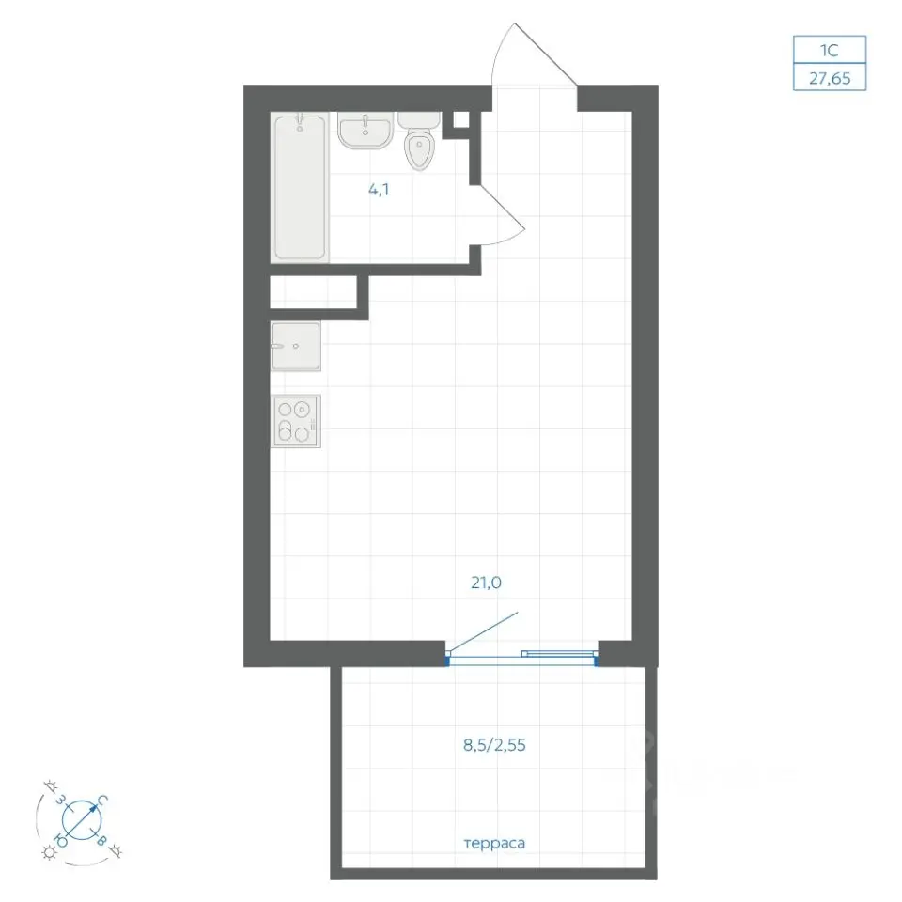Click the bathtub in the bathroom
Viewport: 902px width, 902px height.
click(x=300, y=187)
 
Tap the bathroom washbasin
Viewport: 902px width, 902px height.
click(x=365, y=131)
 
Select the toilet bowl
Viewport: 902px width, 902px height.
click(x=419, y=142)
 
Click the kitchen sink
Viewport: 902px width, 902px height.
click(x=296, y=346)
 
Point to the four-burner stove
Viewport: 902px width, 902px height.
click(x=296, y=421)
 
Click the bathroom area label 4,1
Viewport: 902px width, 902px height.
click(x=379, y=189)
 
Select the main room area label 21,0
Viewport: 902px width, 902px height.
click(x=486, y=583)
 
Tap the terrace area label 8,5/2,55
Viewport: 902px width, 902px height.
click(x=494, y=745)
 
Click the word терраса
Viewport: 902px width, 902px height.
click(x=494, y=844)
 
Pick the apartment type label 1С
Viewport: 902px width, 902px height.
click(x=829, y=50)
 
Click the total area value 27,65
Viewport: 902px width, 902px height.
click(x=830, y=78)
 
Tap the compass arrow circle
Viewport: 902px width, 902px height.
click(x=82, y=819)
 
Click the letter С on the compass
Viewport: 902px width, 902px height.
click(x=101, y=801)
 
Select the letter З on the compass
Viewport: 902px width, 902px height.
click(x=60, y=799)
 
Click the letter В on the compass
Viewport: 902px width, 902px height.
click(x=101, y=840)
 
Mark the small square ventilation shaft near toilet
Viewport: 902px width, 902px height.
click(x=461, y=119)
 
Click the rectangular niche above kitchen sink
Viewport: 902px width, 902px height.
click(x=314, y=293)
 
